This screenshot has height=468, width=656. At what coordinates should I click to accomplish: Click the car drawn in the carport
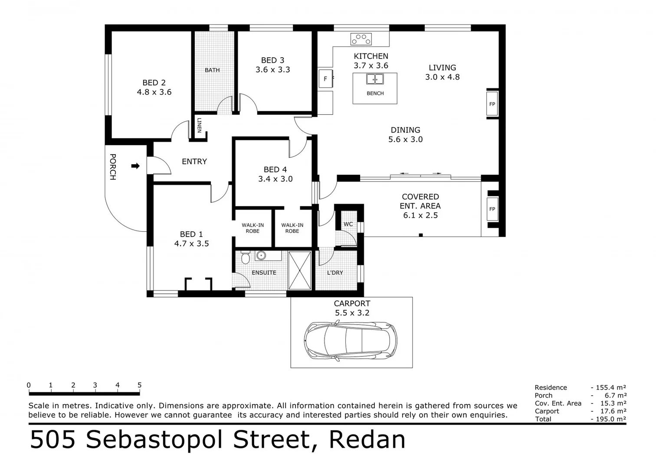351,339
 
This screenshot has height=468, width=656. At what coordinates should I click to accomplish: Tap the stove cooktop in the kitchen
361,39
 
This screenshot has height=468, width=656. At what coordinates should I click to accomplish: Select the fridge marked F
325,79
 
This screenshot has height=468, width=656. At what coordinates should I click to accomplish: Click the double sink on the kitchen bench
375,79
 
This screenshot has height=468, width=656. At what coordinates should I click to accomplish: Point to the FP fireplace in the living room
492,104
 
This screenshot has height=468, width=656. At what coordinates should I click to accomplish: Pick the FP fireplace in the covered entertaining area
492,209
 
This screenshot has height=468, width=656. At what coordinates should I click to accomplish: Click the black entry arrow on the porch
135,166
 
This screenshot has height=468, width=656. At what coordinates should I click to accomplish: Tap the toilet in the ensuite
245,257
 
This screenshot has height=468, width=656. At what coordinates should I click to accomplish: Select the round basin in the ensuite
261,255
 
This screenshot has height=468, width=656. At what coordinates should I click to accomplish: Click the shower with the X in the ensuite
300,270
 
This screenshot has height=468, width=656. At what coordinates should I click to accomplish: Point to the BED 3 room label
272,60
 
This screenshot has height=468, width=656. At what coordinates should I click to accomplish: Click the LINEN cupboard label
199,125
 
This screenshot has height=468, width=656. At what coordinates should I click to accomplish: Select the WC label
348,224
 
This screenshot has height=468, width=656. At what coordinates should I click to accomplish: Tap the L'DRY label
335,273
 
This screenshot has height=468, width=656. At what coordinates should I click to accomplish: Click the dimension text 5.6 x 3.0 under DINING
405,140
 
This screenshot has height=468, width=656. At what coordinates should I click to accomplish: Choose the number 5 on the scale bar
139,385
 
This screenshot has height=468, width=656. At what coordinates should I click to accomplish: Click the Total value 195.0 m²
609,419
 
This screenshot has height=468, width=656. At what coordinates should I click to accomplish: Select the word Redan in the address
367,439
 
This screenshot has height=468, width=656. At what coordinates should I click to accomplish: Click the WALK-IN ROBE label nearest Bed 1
253,228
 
